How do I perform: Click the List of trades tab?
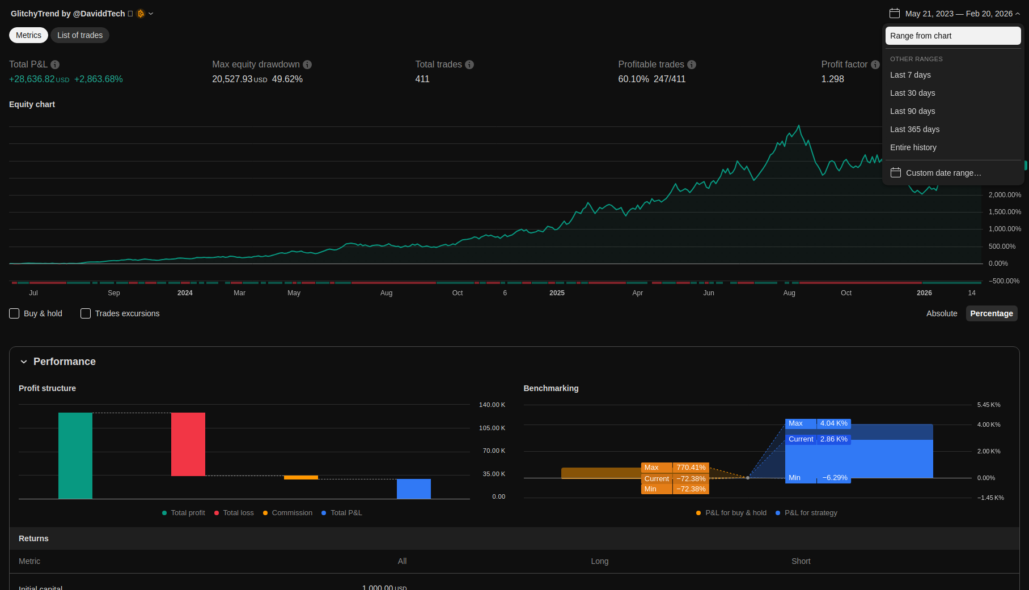[x=80, y=35]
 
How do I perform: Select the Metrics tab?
[x=28, y=35]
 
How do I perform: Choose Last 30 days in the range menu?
[x=912, y=93]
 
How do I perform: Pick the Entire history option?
[x=913, y=147]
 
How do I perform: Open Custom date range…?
[x=943, y=173]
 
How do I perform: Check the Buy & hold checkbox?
[x=15, y=313]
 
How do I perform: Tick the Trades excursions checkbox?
[x=86, y=313]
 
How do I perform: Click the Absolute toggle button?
[x=941, y=313]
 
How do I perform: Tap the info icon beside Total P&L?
[x=55, y=65]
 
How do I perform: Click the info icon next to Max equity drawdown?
[x=307, y=65]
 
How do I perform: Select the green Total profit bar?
[x=75, y=456]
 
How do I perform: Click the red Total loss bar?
[x=188, y=444]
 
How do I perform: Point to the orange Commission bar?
[x=301, y=477]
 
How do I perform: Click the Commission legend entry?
[x=291, y=513]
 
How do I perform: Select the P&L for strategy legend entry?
[x=810, y=513]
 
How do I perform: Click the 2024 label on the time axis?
[x=185, y=293]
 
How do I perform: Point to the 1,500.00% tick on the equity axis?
[x=1005, y=212]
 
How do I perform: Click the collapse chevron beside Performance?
[x=24, y=362]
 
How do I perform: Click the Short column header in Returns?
[x=801, y=561]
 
